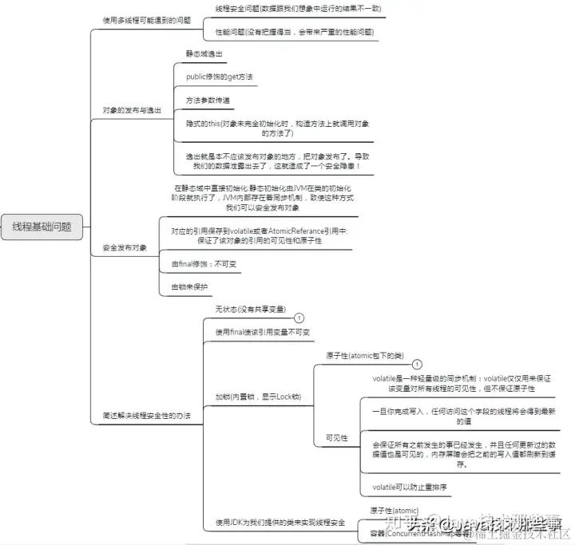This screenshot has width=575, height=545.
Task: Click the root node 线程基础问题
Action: point(42,227)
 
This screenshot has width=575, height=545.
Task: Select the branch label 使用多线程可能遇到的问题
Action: point(146,20)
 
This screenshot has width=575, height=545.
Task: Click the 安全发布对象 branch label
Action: point(125,248)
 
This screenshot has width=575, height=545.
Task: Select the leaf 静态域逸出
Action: point(204,53)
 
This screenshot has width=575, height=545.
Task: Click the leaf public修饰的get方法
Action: point(219,77)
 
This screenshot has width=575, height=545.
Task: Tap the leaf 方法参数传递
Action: point(208,101)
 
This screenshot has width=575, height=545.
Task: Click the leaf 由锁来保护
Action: point(189,286)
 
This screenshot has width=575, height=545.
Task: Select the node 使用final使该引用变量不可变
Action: point(262,331)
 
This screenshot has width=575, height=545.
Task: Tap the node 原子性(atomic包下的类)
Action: point(364,355)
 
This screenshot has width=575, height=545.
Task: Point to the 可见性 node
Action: point(336,437)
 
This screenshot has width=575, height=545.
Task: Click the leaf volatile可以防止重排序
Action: point(409,487)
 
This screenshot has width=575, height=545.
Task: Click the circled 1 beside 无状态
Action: point(299,318)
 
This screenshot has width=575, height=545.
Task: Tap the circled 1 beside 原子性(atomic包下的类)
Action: point(416,364)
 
